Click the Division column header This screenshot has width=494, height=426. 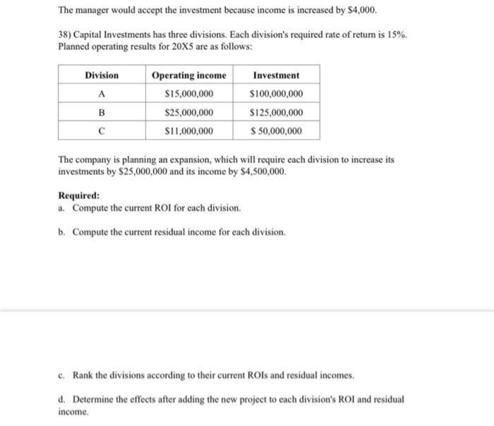point(102,75)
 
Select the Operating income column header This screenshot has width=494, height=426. point(189,75)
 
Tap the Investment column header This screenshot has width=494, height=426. point(275,75)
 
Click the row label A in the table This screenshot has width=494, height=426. point(102,94)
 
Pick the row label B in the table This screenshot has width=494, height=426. point(102,112)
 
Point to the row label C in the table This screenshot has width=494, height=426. point(102,130)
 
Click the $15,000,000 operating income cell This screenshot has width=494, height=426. point(188,94)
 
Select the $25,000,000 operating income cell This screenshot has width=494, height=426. point(188,112)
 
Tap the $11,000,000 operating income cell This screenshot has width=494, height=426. point(188,130)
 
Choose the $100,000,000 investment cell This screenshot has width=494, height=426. point(276,94)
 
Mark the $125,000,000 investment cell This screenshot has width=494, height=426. point(276,112)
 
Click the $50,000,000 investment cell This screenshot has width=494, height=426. point(276,130)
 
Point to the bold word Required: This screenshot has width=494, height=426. point(78,196)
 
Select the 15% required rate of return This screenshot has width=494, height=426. point(397,34)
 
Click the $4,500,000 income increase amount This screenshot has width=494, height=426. point(264,171)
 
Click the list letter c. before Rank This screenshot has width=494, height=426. point(62,375)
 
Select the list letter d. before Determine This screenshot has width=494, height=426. point(62,399)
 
